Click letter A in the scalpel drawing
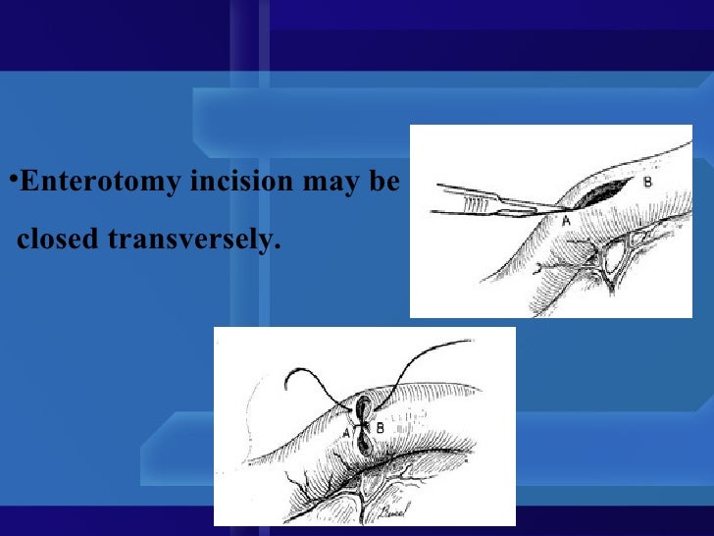coord(566,222)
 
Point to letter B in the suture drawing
coord(380,428)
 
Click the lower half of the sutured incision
coord(363,444)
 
